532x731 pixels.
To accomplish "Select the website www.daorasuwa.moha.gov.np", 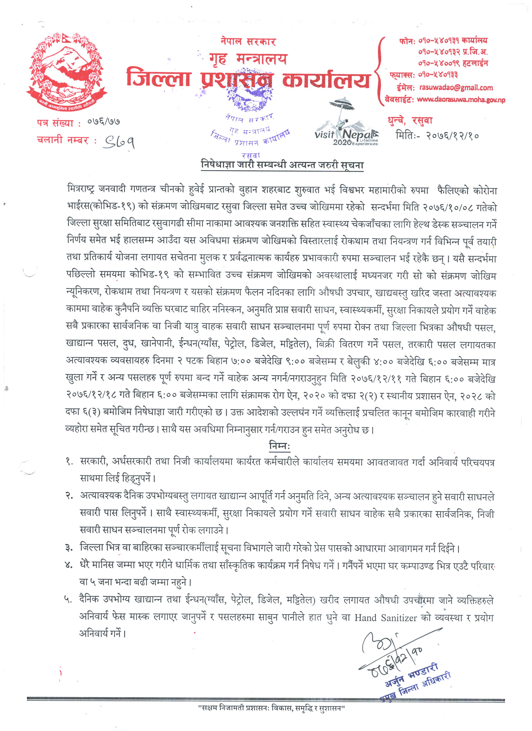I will tap(461, 100).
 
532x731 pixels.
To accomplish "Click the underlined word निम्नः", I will tap(279, 447).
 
